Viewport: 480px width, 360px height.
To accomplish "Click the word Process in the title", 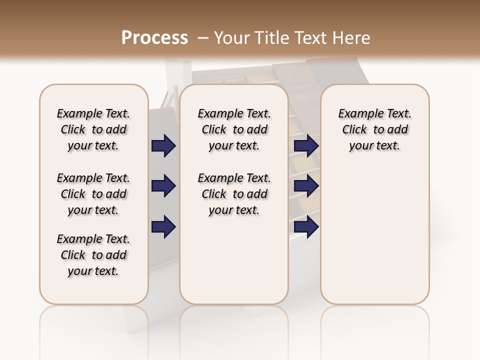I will click(154, 37).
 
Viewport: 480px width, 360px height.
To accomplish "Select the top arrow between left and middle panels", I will click(163, 146).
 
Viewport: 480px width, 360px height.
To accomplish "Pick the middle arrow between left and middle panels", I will click(163, 186).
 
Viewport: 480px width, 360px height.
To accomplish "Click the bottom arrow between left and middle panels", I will click(163, 227).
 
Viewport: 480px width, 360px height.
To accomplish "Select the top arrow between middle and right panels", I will click(306, 146).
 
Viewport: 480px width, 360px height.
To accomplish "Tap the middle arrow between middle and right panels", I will click(306, 186).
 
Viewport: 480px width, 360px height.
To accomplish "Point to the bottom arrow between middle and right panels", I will click(306, 227).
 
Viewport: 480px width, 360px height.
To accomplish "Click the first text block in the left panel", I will click(93, 129).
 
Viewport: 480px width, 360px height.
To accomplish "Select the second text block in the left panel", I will click(93, 194).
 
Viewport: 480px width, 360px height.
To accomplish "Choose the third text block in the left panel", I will click(93, 255).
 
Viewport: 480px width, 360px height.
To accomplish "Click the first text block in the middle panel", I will click(234, 129).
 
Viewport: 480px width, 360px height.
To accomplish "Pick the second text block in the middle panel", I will click(234, 194).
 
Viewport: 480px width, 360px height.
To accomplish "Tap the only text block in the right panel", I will click(375, 129).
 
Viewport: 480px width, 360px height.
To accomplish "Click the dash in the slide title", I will click(202, 38).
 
